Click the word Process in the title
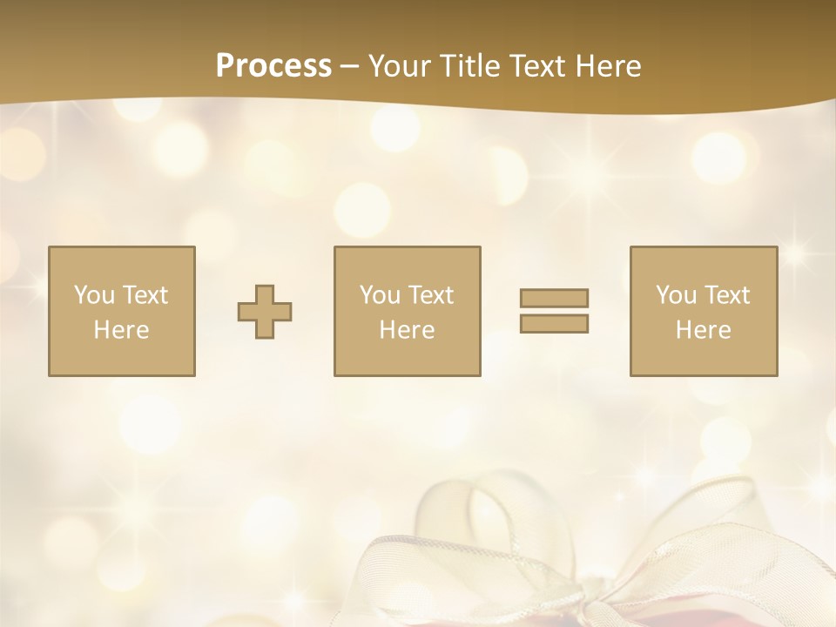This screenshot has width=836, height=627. click(273, 66)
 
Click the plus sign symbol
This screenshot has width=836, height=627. click(265, 312)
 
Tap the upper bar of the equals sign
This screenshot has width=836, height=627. click(554, 298)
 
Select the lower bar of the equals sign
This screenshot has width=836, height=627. click(554, 324)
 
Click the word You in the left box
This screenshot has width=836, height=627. click(94, 295)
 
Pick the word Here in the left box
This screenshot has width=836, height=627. click(121, 330)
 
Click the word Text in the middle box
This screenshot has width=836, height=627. click(430, 295)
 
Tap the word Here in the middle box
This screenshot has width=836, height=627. click(407, 330)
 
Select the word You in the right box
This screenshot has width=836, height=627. click(676, 295)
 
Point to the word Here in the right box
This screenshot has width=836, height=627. click(703, 330)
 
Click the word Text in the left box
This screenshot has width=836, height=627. click(145, 295)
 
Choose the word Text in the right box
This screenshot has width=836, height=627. click(726, 295)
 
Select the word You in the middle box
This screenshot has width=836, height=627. click(380, 295)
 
